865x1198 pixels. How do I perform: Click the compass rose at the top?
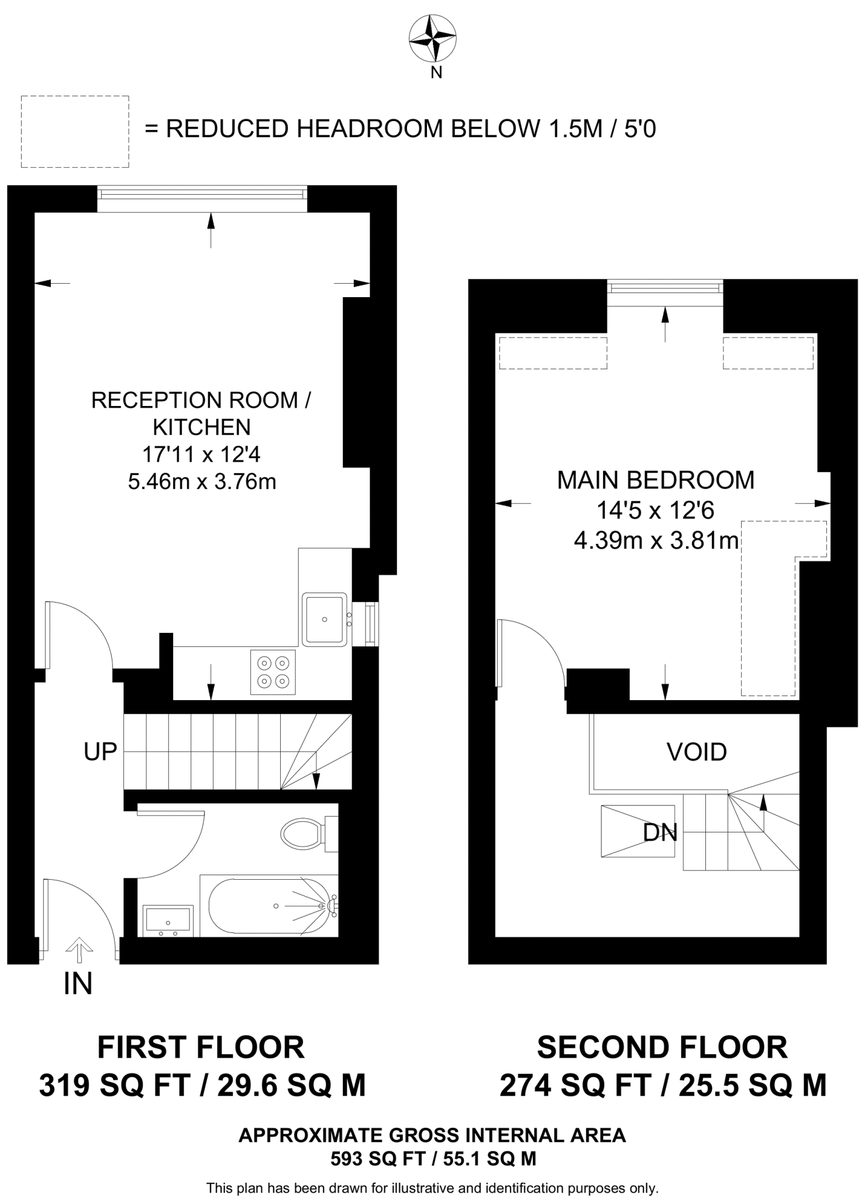pos(432,39)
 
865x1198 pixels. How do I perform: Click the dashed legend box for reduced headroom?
pos(75,132)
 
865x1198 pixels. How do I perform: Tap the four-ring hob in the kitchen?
pos(273,672)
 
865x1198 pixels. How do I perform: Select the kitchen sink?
pos(323,619)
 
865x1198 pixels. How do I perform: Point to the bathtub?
pos(269,906)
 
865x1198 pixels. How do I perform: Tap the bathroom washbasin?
pos(167,919)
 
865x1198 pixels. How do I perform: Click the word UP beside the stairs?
pos(100,752)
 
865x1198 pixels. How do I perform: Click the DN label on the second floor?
pos(660,832)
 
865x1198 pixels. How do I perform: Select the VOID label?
pos(697,752)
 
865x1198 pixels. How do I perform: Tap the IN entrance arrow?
pos(79,951)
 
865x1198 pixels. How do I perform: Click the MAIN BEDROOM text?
pos(655,480)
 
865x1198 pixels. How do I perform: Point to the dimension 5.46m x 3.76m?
pos(202,481)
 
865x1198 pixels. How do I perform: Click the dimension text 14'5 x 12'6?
pos(655,511)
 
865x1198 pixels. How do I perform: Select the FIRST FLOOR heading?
pos(201,1048)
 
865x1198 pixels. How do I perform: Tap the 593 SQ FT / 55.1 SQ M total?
pos(433,1159)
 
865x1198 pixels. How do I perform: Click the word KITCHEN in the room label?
pos(202,427)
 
